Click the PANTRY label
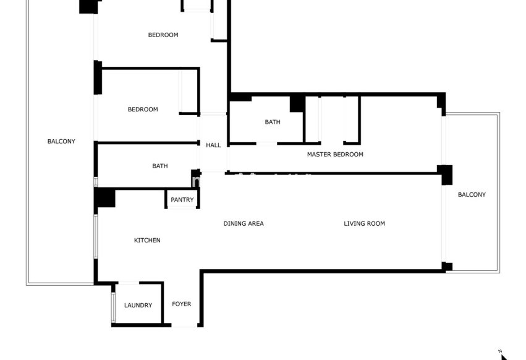coord(182,200)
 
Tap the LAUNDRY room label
coord(138,305)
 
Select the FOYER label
coord(182,304)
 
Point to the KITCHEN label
coord(147,240)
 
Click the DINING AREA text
coord(244,223)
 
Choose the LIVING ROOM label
coord(364,223)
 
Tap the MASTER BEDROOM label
coord(335,154)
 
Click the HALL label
coord(213,145)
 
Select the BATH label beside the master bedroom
coord(273,122)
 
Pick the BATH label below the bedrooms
coord(160,166)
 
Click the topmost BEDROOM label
coord(163,35)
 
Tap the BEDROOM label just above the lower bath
coord(143,109)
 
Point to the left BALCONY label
coord(61,141)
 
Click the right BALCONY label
coord(472,195)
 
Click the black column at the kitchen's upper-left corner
coord(105,198)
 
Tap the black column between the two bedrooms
coord(98,77)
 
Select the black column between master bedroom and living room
coord(445,174)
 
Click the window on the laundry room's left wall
coord(113,307)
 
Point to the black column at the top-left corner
coord(90,6)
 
